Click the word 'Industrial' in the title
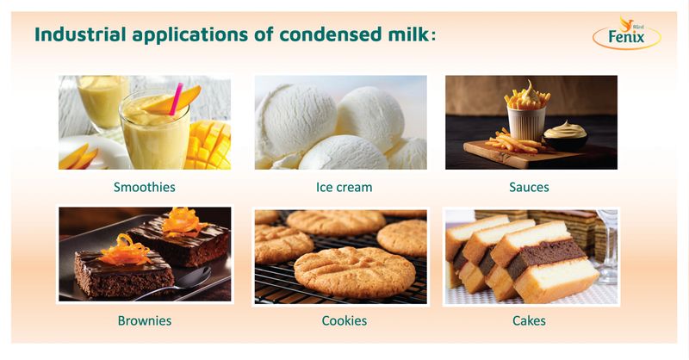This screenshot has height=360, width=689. pos(80,34)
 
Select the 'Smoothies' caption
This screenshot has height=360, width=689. pos(144,187)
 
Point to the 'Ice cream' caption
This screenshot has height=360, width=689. pos(344,187)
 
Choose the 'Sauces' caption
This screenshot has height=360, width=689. pos(529,187)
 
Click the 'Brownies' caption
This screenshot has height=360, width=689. pos(145,320)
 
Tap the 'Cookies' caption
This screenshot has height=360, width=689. pos(344,320)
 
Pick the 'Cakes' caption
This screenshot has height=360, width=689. pos(529,320)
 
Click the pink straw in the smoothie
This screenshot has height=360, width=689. pos(177,99)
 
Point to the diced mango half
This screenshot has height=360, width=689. pos(208,146)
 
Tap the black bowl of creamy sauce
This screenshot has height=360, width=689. pos(566,138)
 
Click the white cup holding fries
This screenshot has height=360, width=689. pos(526,123)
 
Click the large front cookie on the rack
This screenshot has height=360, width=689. pos(355,272)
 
